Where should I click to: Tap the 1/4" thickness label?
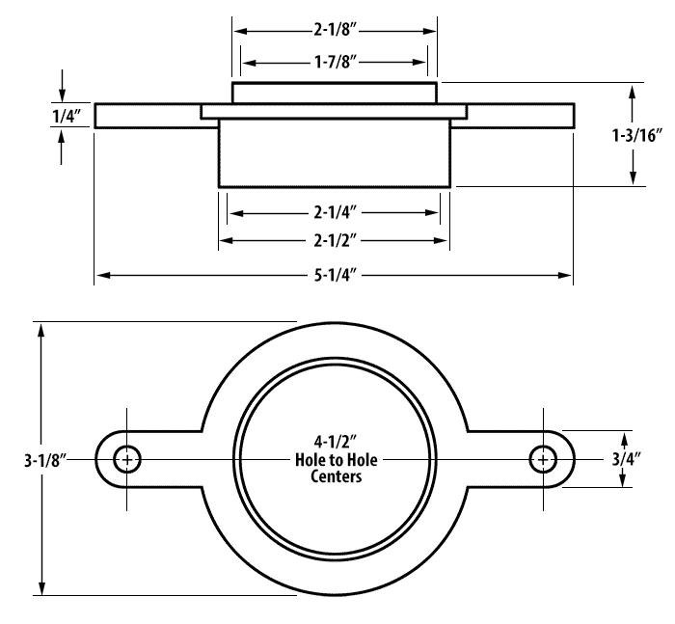tap(67, 117)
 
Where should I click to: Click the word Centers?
tap(330, 475)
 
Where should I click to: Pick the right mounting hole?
tap(543, 460)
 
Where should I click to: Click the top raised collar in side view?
tap(335, 94)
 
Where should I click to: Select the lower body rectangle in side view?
tap(335, 152)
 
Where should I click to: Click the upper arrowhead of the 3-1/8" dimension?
tap(41, 327)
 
